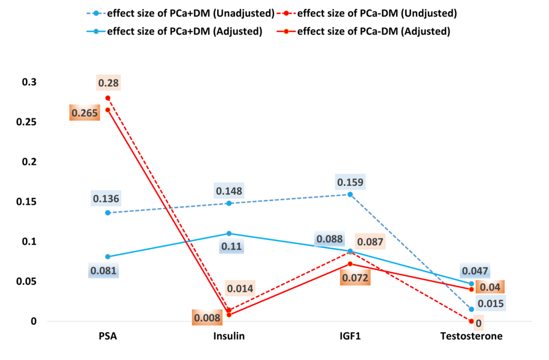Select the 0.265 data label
84,112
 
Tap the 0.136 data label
106,199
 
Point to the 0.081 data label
103,272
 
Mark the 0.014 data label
240,288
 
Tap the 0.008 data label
207,318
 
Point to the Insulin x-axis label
229,336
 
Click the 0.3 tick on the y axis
30,82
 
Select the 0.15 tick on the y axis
27,201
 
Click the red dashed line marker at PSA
107,98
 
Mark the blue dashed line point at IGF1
350,195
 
